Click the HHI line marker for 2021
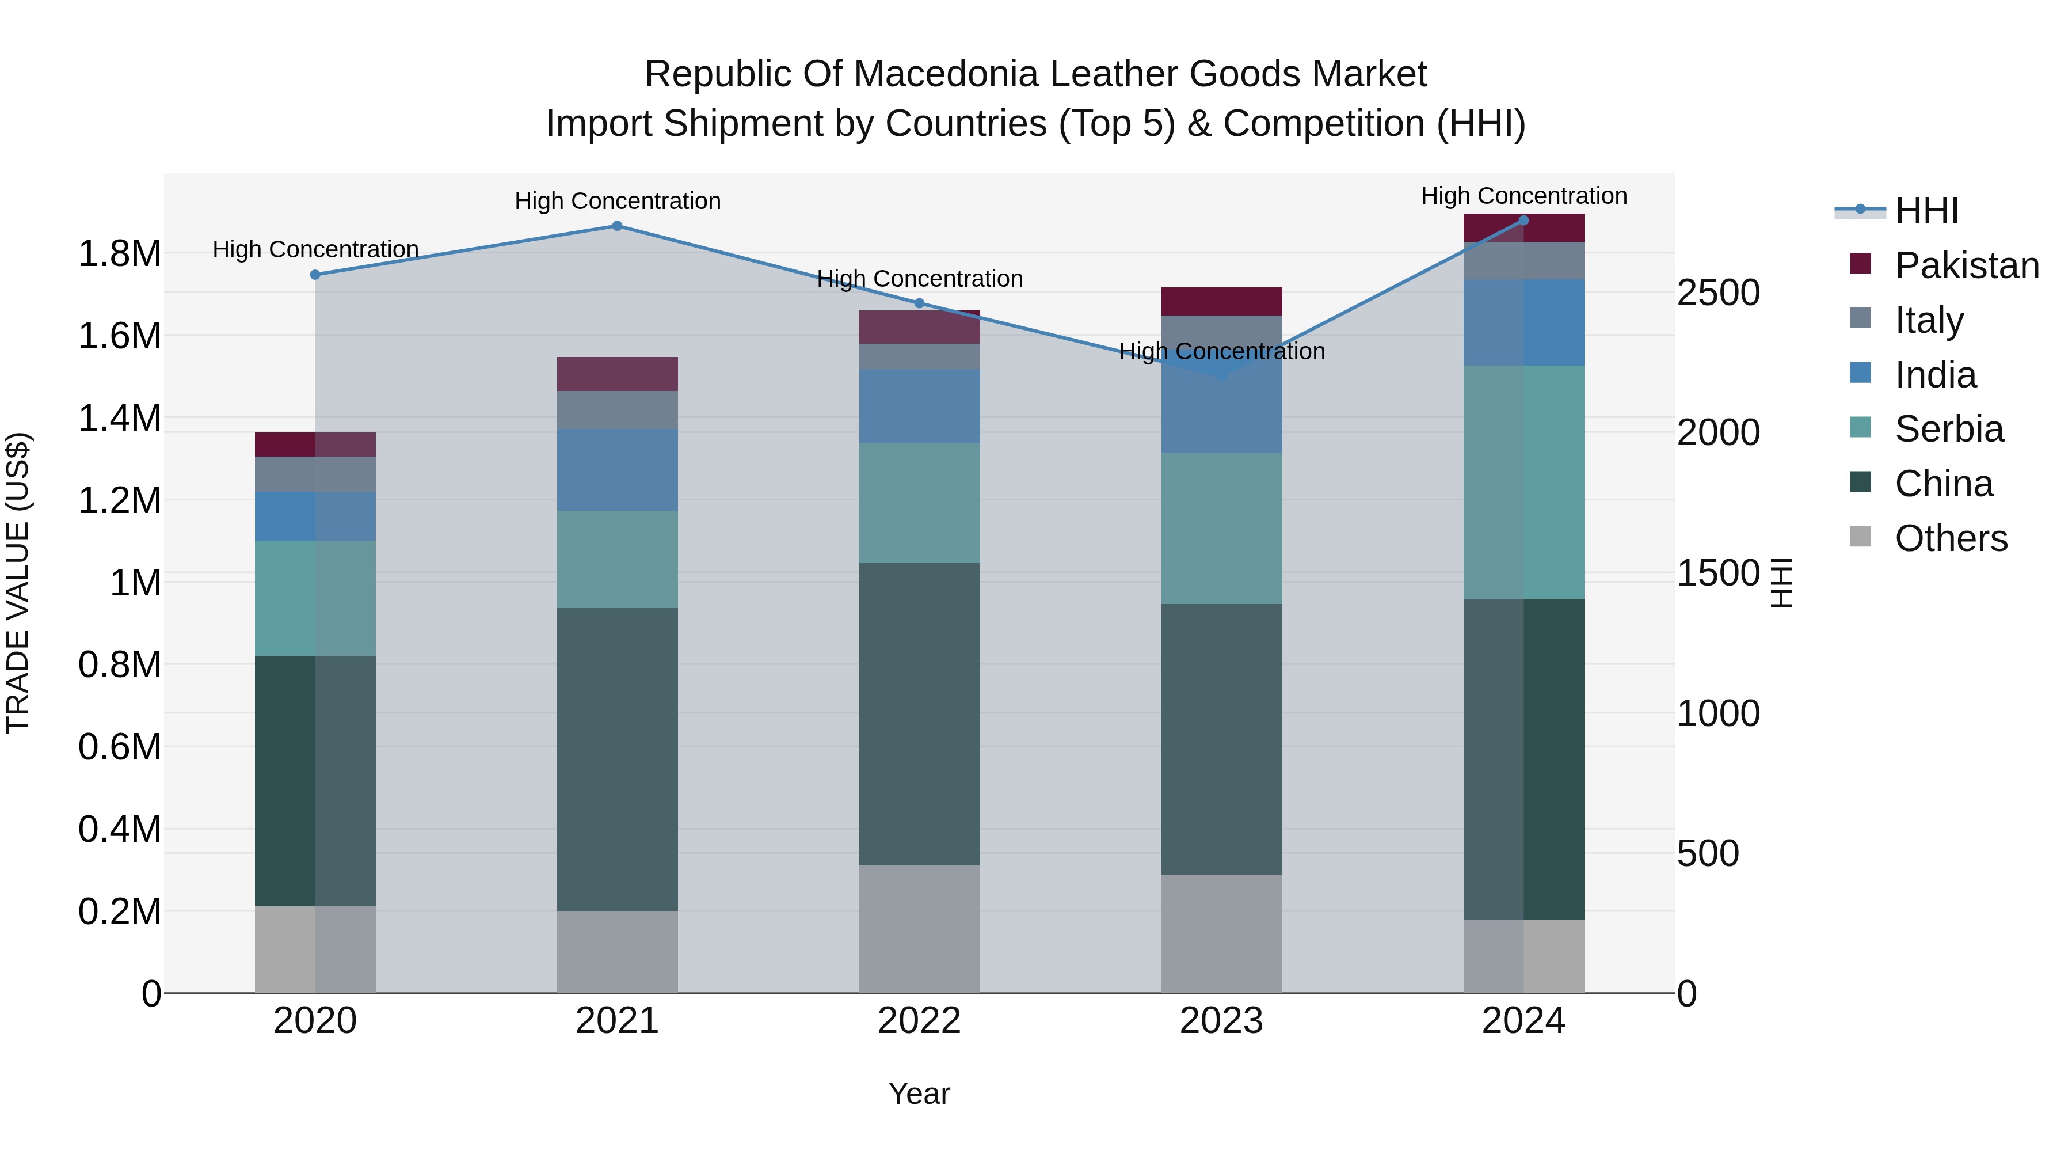click(x=617, y=226)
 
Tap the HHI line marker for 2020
click(x=315, y=275)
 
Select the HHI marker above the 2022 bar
click(x=919, y=303)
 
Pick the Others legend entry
click(x=1950, y=538)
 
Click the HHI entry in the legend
click(x=1926, y=211)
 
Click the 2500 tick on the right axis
click(x=1718, y=293)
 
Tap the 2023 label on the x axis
click(x=1221, y=1021)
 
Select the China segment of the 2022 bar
click(x=919, y=714)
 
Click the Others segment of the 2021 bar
click(x=617, y=951)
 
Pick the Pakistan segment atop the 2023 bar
click(x=1221, y=301)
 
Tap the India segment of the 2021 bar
click(x=617, y=469)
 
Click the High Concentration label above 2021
click(x=617, y=201)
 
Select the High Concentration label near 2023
click(x=1221, y=352)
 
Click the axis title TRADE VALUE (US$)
click(x=18, y=583)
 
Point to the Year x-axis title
click(x=919, y=1093)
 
